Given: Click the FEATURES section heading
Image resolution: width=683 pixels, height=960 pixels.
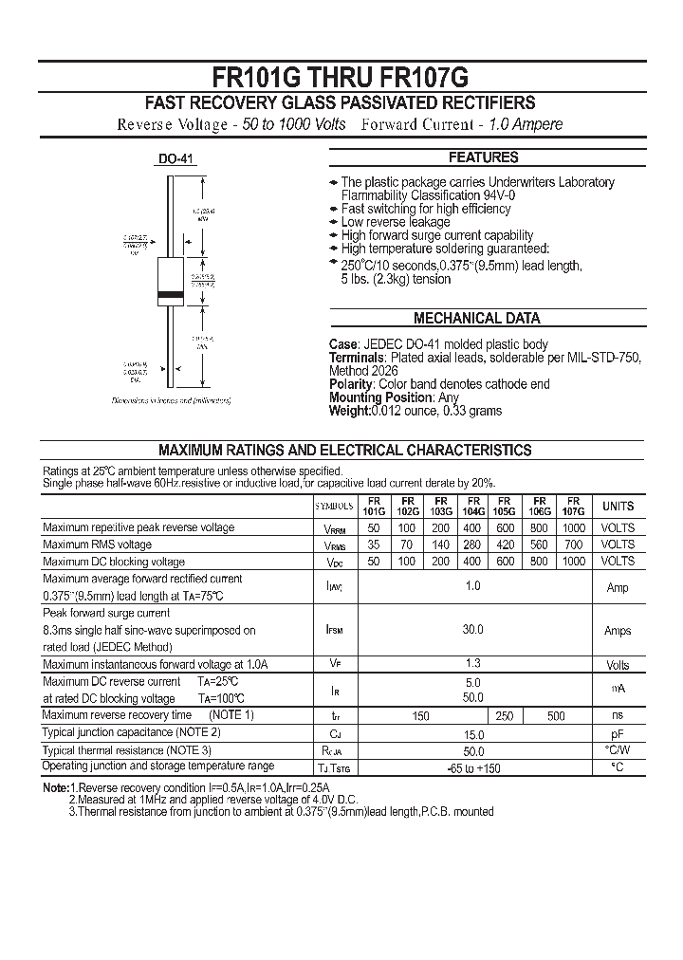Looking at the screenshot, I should pos(483,157).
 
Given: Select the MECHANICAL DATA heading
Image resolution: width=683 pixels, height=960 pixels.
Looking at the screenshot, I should pos(477,319).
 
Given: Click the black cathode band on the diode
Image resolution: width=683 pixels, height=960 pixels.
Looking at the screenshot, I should pos(170,296).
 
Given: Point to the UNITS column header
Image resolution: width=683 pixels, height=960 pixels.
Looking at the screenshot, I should pos(618,507).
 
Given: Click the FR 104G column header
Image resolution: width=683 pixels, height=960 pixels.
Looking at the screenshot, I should pos(473,506).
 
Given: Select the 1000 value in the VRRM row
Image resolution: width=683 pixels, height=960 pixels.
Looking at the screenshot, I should pos(573,528).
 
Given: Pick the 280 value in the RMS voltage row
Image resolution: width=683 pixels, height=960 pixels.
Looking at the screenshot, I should pos(473,545).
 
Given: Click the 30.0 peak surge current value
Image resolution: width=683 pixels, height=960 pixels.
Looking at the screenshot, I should pos(473,630).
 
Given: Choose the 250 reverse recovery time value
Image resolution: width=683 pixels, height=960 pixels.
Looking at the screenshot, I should pos(504,716).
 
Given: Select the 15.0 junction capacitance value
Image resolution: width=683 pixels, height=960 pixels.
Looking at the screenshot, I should pos(473,734).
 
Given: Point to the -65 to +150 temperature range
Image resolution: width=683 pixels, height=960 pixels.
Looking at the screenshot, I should pos(473,767).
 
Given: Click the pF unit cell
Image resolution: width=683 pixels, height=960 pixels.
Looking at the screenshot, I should pos(618,733).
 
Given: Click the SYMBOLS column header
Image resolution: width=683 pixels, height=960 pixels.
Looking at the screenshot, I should pos(334,507).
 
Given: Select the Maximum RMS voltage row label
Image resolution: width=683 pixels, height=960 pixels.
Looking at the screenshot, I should pos(97,545).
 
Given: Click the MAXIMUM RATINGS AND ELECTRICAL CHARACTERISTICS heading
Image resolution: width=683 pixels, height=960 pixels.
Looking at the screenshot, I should pos(344,451).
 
